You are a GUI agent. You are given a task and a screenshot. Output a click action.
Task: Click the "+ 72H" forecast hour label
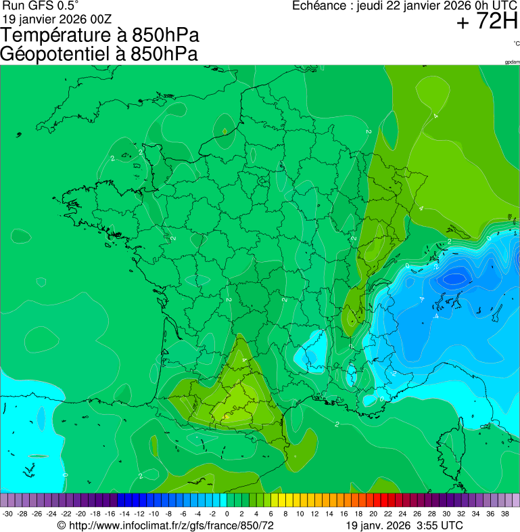pos(487,22)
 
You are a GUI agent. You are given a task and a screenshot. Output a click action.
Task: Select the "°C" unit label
pos(516,43)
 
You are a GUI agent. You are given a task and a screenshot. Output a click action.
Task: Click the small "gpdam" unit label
pos(512,62)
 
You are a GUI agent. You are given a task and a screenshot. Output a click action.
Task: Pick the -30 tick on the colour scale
pos(7,514)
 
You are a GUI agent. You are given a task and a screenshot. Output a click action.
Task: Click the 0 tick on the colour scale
pos(227,514)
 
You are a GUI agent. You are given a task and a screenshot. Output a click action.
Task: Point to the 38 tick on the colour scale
pos(504,514)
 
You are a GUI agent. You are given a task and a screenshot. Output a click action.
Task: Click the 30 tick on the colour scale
pos(446,514)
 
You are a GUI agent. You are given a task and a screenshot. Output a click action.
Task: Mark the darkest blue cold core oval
pos(454,278)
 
